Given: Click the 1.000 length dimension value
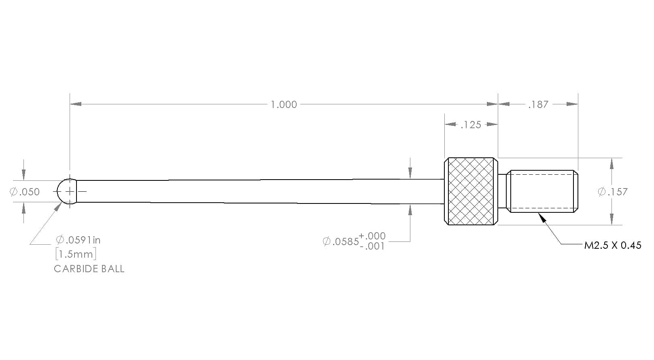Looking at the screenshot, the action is (284, 104).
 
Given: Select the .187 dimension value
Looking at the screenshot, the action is (538, 104).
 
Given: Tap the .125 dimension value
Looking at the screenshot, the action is (471, 125).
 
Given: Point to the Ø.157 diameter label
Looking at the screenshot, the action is (613, 192).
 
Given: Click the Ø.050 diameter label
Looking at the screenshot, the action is (25, 192).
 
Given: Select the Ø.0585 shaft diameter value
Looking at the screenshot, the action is (341, 241).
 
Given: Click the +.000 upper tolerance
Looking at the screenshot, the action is (372, 236).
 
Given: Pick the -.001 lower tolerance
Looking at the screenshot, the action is (372, 246).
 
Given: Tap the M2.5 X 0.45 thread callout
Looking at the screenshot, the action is (613, 246).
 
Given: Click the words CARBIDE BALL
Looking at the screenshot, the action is (89, 269).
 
